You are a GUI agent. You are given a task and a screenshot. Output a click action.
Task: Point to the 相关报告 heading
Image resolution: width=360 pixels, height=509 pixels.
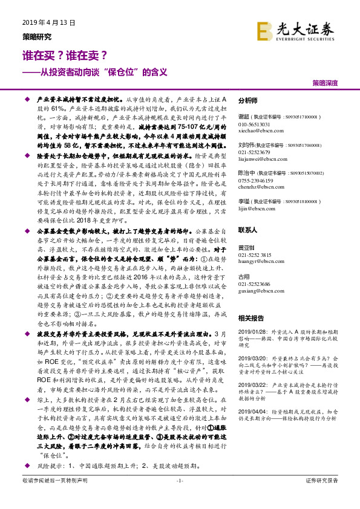point(250,317)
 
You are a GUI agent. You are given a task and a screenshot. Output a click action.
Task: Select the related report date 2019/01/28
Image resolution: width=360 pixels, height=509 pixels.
point(253,331)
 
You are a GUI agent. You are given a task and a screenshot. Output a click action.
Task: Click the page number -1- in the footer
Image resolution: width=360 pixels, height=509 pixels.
point(179,498)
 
